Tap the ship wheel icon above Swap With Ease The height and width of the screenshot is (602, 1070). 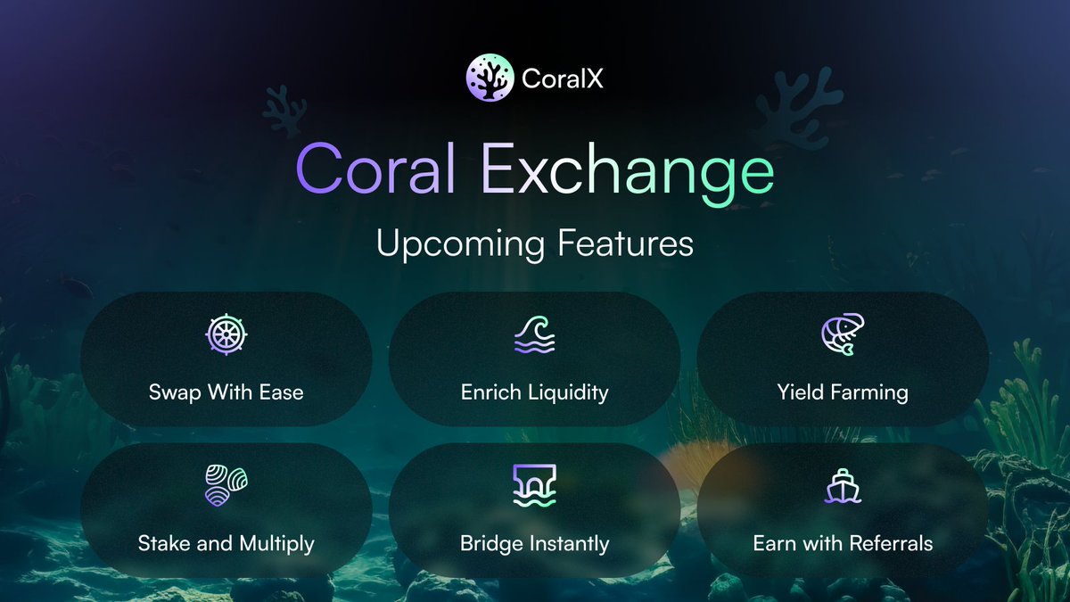pyautogui.click(x=226, y=335)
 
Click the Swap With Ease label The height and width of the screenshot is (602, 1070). pyautogui.click(x=226, y=392)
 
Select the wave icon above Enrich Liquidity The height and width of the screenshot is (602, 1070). pyautogui.click(x=535, y=335)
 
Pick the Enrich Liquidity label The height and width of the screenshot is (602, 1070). pyautogui.click(x=535, y=392)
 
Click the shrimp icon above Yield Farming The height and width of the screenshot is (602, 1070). pyautogui.click(x=843, y=335)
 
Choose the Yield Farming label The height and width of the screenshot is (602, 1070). pyautogui.click(x=843, y=392)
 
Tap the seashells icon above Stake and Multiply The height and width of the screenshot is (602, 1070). pyautogui.click(x=226, y=486)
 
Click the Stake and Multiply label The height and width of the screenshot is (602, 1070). pyautogui.click(x=226, y=542)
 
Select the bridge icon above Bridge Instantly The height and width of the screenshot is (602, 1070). pyautogui.click(x=535, y=486)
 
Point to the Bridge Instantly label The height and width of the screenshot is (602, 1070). pyautogui.click(x=535, y=542)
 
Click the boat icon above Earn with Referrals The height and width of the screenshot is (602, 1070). pyautogui.click(x=843, y=486)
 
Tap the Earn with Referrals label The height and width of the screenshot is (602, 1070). pyautogui.click(x=843, y=542)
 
